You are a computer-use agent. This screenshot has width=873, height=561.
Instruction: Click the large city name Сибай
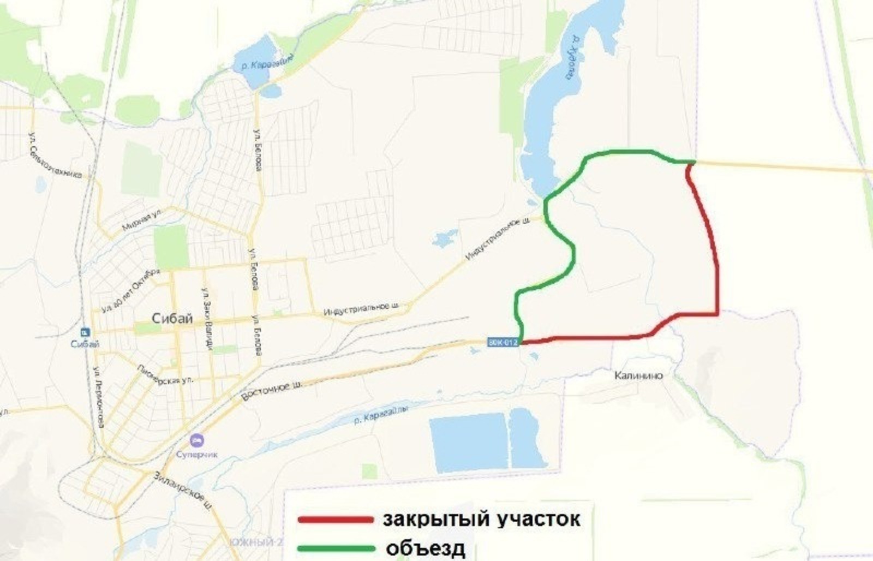tap(172, 319)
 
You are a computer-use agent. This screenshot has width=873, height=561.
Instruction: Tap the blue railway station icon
tap(85, 332)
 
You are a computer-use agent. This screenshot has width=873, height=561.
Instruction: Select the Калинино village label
tap(638, 375)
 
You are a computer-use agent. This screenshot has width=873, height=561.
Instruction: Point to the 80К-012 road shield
tap(502, 342)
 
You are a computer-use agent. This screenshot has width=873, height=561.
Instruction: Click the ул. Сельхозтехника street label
tap(55, 162)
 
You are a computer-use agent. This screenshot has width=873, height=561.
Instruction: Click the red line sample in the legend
tap(335, 520)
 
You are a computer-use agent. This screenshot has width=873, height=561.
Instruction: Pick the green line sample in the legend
tap(335, 547)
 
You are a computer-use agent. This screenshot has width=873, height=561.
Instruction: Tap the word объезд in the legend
tap(425, 547)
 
